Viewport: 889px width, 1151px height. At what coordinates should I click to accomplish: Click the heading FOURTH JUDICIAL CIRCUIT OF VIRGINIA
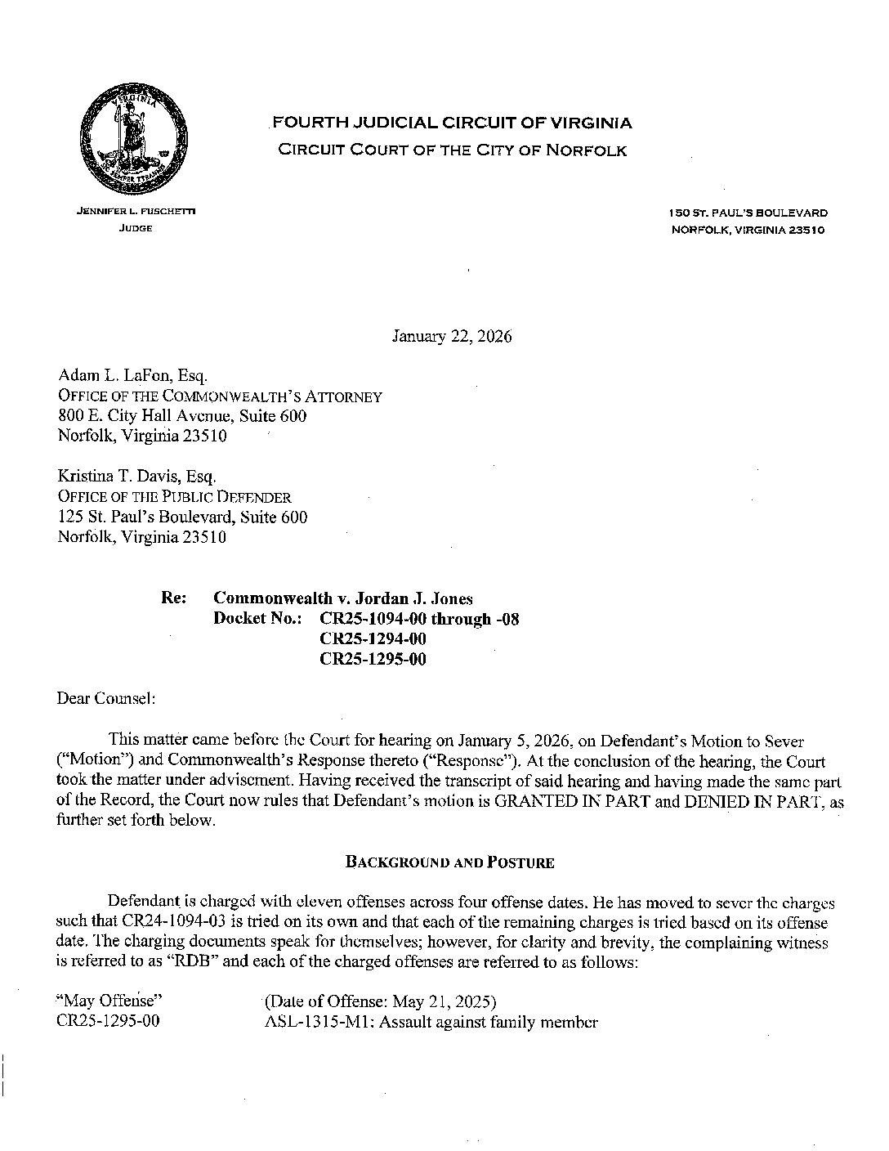pyautogui.click(x=452, y=123)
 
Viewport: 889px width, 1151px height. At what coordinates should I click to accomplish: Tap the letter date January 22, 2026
pyautogui.click(x=452, y=337)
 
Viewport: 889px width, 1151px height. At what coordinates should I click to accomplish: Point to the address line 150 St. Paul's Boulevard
pyautogui.click(x=748, y=213)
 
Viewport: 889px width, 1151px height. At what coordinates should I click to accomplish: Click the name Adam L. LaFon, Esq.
pyautogui.click(x=133, y=376)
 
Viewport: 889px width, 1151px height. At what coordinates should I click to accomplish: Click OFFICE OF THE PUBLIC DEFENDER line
pyautogui.click(x=174, y=497)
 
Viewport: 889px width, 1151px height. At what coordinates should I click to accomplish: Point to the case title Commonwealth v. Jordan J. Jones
pyautogui.click(x=342, y=598)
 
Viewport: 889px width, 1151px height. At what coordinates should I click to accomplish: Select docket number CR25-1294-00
pyautogui.click(x=373, y=638)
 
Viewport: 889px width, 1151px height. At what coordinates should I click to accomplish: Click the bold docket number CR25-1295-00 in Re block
pyautogui.click(x=373, y=659)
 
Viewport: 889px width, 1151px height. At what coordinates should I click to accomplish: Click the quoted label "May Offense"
pyautogui.click(x=105, y=1002)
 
